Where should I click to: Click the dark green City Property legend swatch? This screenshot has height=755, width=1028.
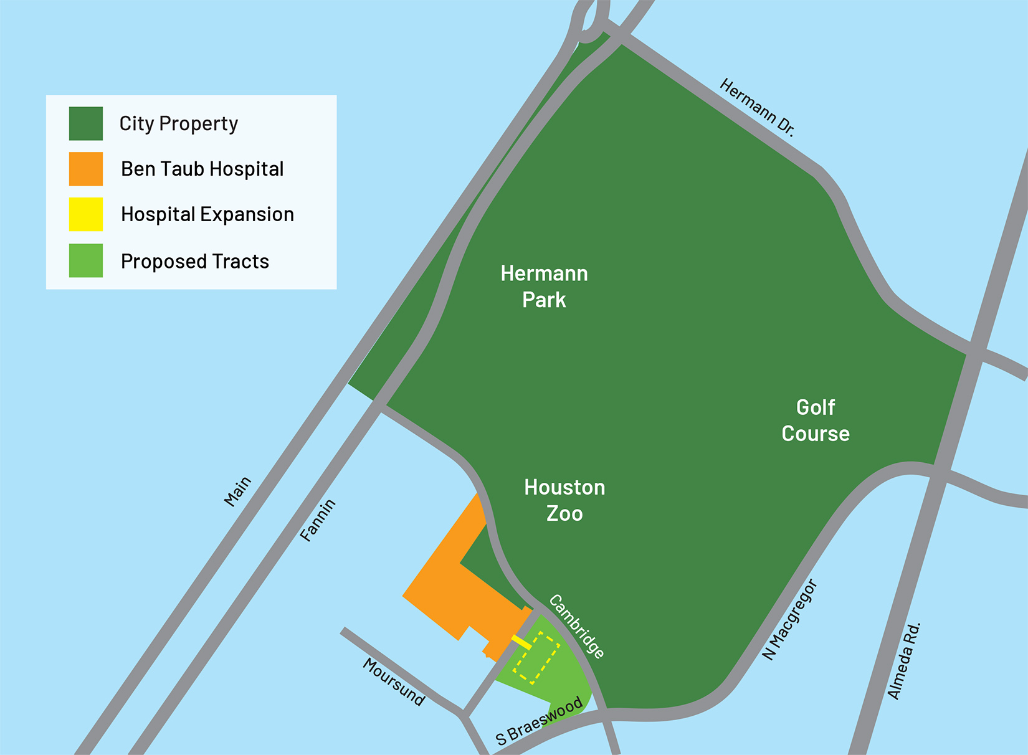86,123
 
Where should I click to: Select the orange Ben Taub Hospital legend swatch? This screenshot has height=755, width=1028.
86,169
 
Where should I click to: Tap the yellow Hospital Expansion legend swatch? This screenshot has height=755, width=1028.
86,214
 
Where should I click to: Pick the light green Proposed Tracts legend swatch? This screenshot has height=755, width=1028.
86,260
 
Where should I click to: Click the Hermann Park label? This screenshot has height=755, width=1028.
544,287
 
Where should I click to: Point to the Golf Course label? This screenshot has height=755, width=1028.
816,420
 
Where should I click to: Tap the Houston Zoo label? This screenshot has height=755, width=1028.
564,500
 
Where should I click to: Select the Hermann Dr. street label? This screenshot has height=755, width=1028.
757,107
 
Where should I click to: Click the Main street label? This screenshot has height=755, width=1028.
237,491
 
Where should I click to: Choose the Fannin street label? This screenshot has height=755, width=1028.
318,520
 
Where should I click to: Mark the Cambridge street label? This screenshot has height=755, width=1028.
576,627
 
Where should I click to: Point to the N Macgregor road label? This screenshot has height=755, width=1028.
789,620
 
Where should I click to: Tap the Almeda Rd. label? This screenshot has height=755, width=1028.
903,661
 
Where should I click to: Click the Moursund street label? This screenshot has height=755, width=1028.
394,682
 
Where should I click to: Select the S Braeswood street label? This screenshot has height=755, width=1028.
539,721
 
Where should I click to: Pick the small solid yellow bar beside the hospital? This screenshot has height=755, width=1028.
521,643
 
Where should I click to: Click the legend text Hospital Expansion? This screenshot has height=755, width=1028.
207,214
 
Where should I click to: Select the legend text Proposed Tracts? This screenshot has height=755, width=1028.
195,261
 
